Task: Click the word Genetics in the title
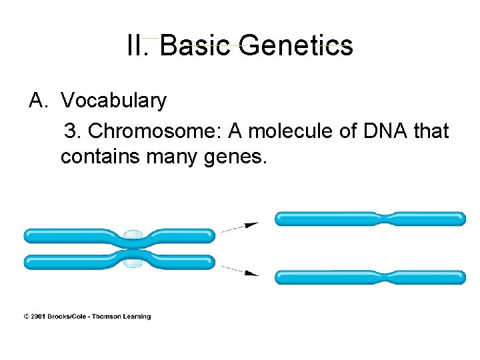(295, 46)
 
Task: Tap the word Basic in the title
(195, 46)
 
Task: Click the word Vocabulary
(113, 101)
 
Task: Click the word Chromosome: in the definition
(155, 131)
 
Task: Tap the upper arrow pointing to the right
(240, 227)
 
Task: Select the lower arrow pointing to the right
(240, 269)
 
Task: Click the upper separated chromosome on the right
(370, 219)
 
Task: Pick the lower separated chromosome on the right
(370, 277)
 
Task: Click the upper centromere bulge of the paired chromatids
(133, 235)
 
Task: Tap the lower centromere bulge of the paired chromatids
(133, 263)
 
